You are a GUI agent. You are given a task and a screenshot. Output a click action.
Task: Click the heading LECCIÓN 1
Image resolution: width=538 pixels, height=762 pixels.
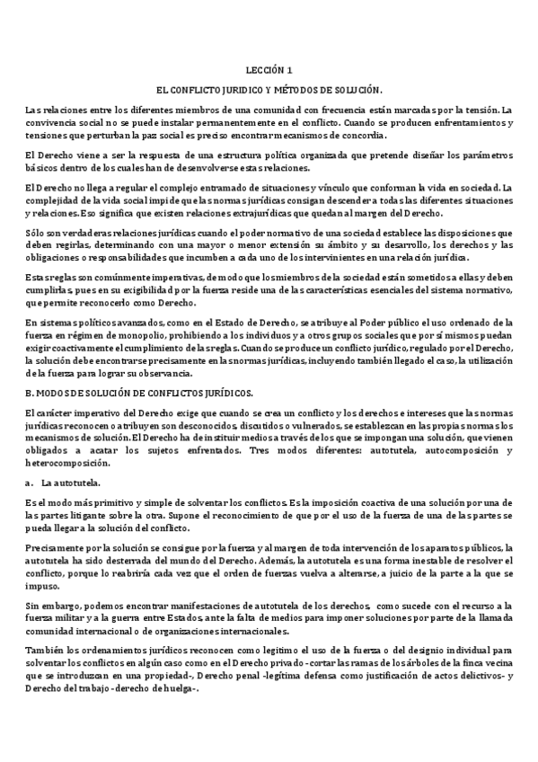pyautogui.click(x=269, y=69)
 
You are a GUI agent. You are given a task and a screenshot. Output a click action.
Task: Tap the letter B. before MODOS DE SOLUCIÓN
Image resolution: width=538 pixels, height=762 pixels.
pyautogui.click(x=31, y=393)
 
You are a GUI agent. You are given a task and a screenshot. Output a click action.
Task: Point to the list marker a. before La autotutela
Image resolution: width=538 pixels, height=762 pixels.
pyautogui.click(x=31, y=483)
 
